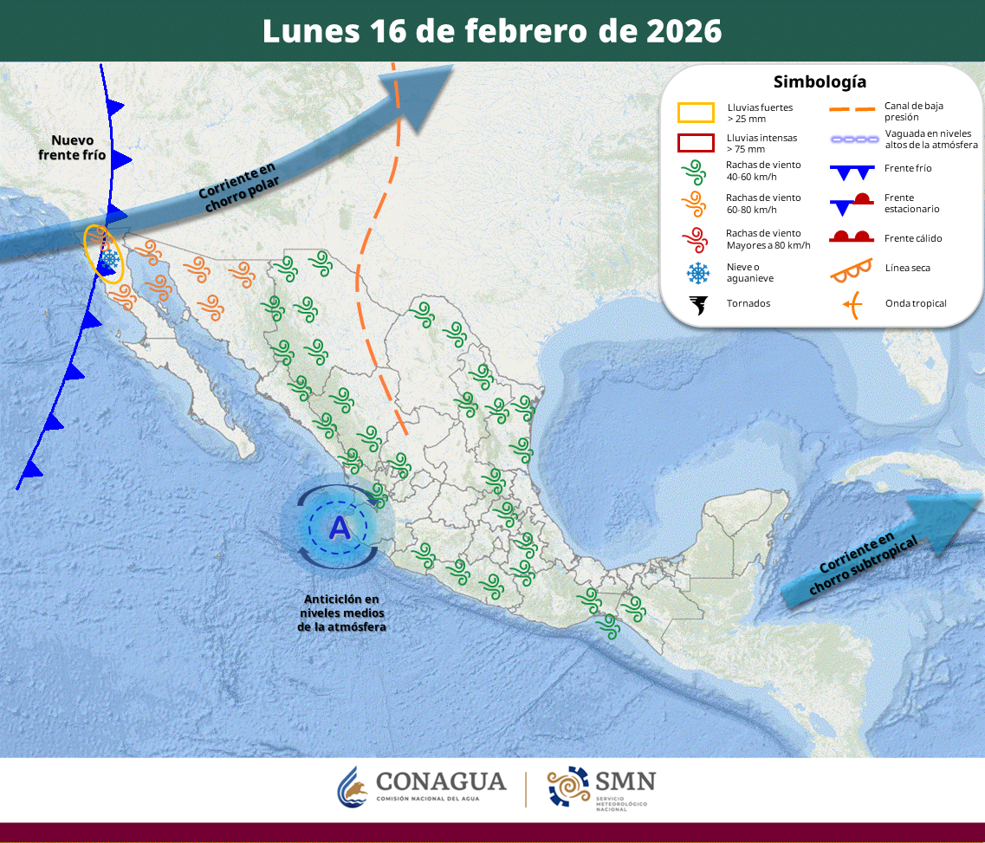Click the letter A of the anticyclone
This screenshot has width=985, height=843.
point(340,527)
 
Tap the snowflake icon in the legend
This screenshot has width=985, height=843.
point(697,273)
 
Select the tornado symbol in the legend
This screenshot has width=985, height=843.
point(697,304)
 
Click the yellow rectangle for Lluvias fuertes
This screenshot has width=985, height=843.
point(696,113)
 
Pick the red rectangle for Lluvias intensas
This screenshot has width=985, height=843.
point(696,143)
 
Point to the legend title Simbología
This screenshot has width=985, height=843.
point(820,82)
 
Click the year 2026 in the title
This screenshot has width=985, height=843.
point(684,31)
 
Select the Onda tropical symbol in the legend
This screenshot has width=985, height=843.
point(852,304)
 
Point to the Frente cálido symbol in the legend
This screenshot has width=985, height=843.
point(852,237)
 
